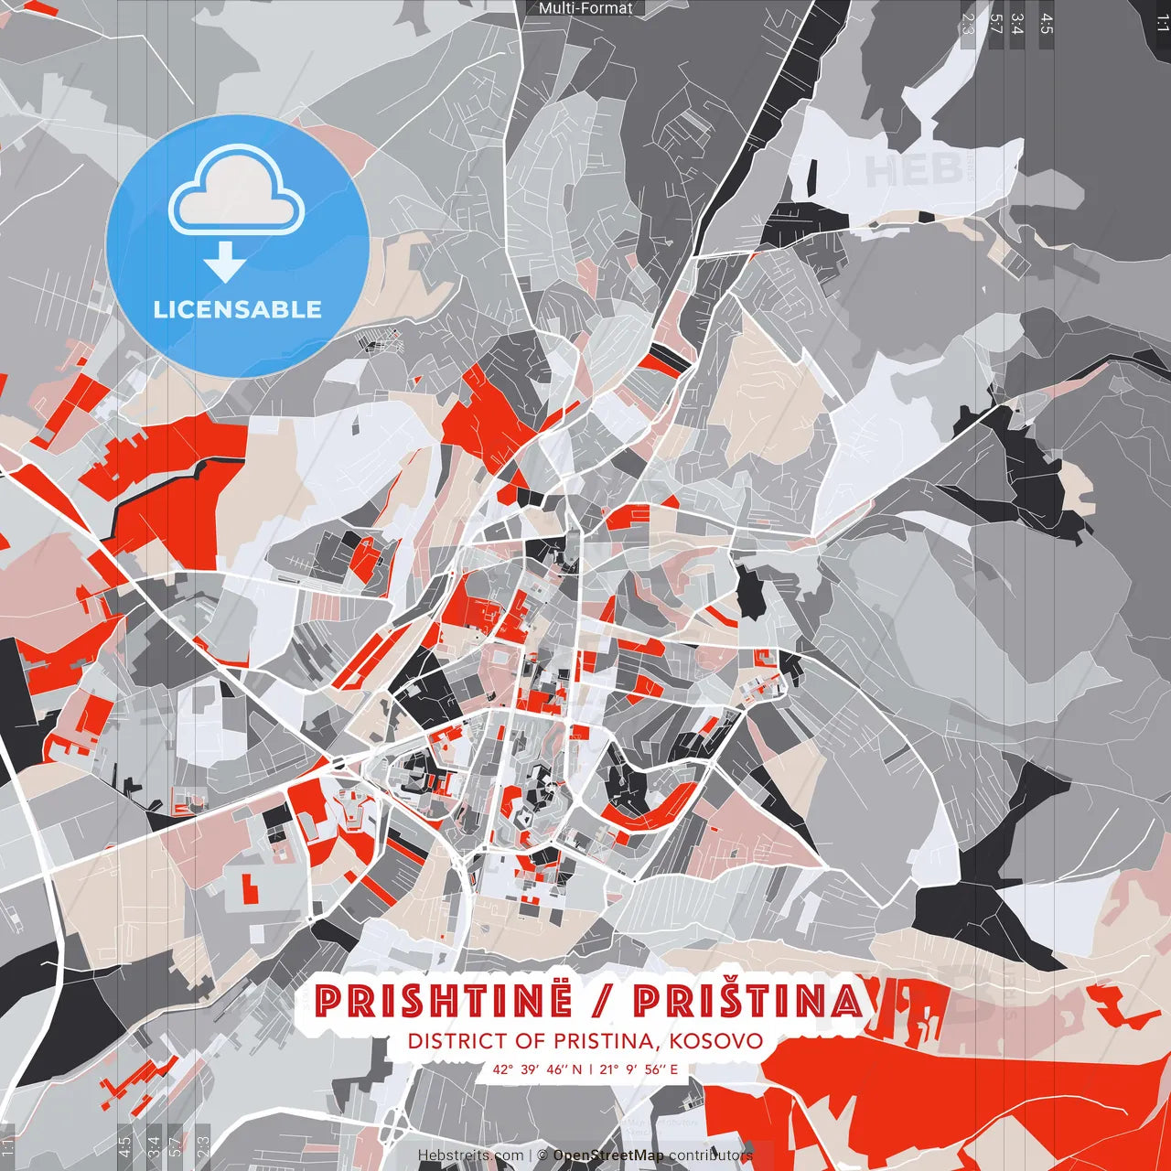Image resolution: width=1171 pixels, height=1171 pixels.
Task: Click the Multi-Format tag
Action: (585, 8)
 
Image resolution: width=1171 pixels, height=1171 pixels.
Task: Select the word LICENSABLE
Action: (238, 309)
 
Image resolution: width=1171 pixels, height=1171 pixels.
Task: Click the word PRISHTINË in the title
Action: (444, 1001)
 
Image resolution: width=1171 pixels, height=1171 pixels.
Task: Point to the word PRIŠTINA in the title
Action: (747, 1001)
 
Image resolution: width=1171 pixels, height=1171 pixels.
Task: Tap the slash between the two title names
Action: (603, 1002)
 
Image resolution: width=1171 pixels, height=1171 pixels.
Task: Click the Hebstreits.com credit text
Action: (471, 1155)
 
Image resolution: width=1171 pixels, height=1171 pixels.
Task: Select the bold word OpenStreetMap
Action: (608, 1155)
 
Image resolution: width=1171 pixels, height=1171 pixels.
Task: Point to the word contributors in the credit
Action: (710, 1155)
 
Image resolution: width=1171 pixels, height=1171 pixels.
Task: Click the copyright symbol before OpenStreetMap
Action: (543, 1155)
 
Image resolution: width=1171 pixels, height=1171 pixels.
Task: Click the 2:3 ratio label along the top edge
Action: (968, 23)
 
